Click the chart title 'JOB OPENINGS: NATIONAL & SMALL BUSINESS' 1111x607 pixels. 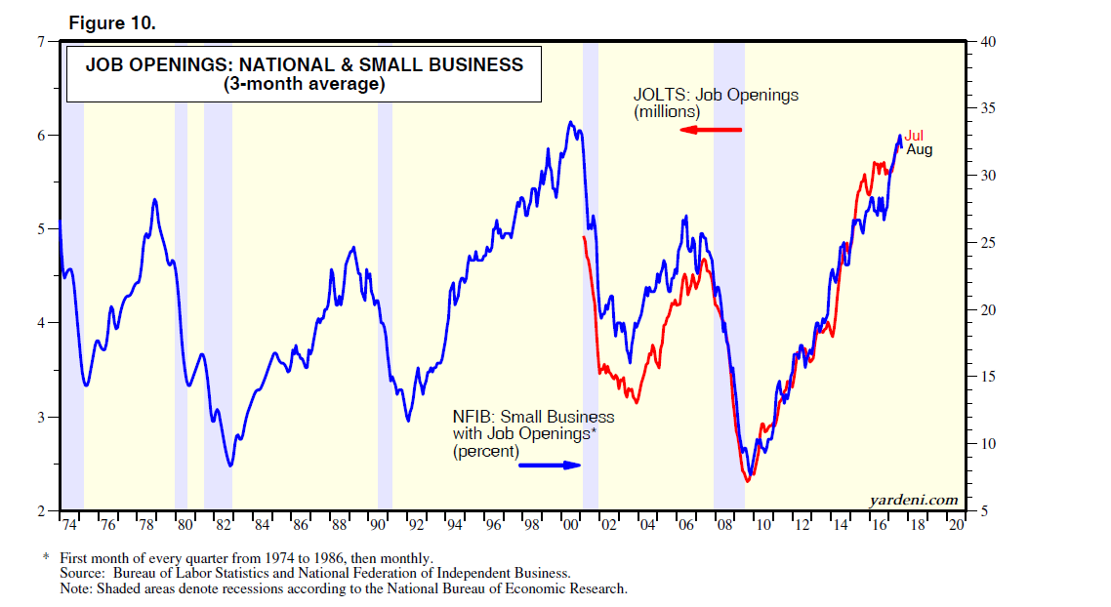(x=304, y=65)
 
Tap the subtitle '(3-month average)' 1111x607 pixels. (x=304, y=85)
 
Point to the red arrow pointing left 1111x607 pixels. (x=711, y=130)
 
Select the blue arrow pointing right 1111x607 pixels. (x=550, y=465)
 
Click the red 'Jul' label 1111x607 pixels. (x=914, y=136)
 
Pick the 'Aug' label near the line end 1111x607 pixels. (x=920, y=150)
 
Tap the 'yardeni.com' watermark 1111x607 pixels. (x=914, y=500)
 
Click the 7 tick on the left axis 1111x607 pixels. (x=41, y=41)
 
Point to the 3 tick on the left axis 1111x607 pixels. (x=41, y=417)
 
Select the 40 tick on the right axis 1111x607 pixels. (x=986, y=41)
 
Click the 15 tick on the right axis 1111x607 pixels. (x=986, y=377)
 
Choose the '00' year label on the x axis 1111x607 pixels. (x=571, y=525)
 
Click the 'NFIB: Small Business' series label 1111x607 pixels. (x=533, y=417)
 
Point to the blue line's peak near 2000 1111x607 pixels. (x=570, y=122)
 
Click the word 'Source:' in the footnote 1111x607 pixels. (x=83, y=574)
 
